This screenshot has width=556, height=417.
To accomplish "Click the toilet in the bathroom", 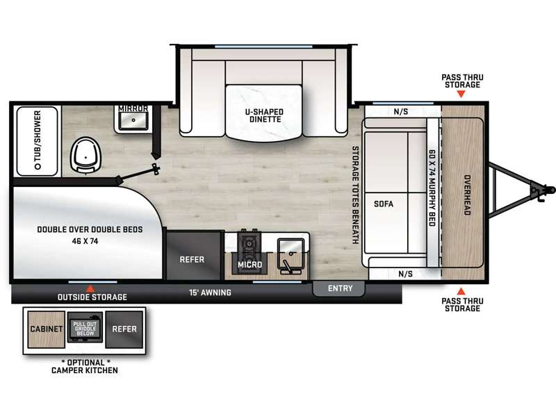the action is pos(85,155).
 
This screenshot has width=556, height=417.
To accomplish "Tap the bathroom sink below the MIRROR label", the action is pos(133,120).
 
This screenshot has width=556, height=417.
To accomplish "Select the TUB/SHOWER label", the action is pos(38,140).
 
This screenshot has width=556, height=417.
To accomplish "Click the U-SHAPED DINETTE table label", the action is pos(264,115).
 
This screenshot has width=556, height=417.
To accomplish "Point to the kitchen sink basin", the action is pos(291,250).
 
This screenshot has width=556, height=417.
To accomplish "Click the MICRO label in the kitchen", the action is pos(250,265).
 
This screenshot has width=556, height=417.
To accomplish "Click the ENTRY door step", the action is pos(338,288).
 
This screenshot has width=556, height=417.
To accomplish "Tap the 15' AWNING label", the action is pos(210,293).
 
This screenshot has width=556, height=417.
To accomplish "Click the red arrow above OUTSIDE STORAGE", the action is pos(91,288).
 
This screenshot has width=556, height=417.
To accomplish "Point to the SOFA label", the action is pos(384,204).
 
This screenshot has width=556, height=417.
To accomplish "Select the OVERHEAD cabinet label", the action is pos(467,195).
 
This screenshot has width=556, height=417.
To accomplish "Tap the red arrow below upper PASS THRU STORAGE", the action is pos(461,94).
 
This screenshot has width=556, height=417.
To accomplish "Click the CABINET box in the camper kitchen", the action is pos(47,329).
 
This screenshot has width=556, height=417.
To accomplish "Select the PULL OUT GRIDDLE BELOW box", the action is pos(85,327).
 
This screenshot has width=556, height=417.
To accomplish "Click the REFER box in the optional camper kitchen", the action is pos(124,329).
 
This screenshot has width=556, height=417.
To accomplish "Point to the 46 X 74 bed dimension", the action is pos(85,241).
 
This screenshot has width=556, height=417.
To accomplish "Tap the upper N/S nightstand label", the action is pos(401,112).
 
